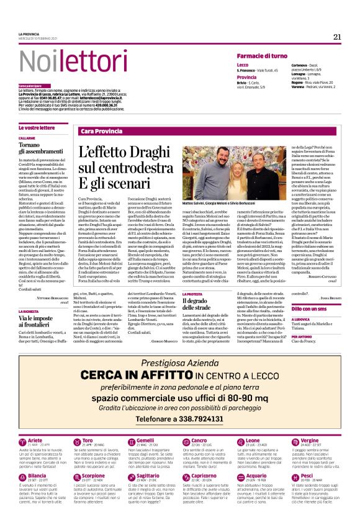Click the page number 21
pyautogui.click(x=337, y=37)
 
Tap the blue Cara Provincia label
pyautogui.click(x=102, y=132)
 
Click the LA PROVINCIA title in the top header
pyautogui.click(x=29, y=34)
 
